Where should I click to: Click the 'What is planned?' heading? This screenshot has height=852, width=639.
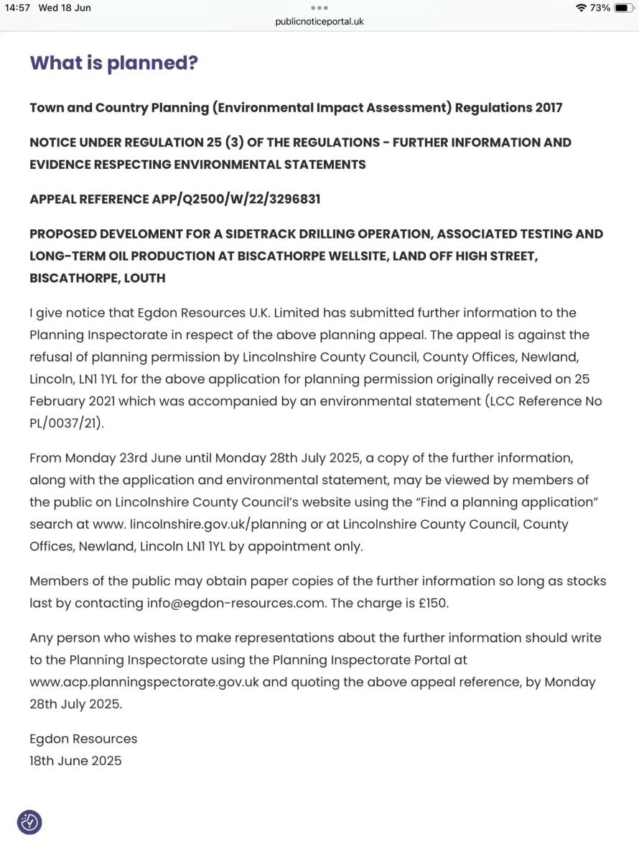coord(113,63)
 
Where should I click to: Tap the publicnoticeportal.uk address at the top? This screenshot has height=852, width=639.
coord(319,22)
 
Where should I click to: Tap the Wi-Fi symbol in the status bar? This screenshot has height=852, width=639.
coord(581,8)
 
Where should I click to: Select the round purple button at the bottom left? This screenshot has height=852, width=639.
coord(29,822)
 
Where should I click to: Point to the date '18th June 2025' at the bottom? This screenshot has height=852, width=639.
coord(75,761)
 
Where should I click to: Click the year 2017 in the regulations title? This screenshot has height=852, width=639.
coord(549,108)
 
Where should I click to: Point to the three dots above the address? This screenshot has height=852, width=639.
coord(319,8)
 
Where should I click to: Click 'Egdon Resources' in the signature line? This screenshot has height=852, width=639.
coord(83,738)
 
